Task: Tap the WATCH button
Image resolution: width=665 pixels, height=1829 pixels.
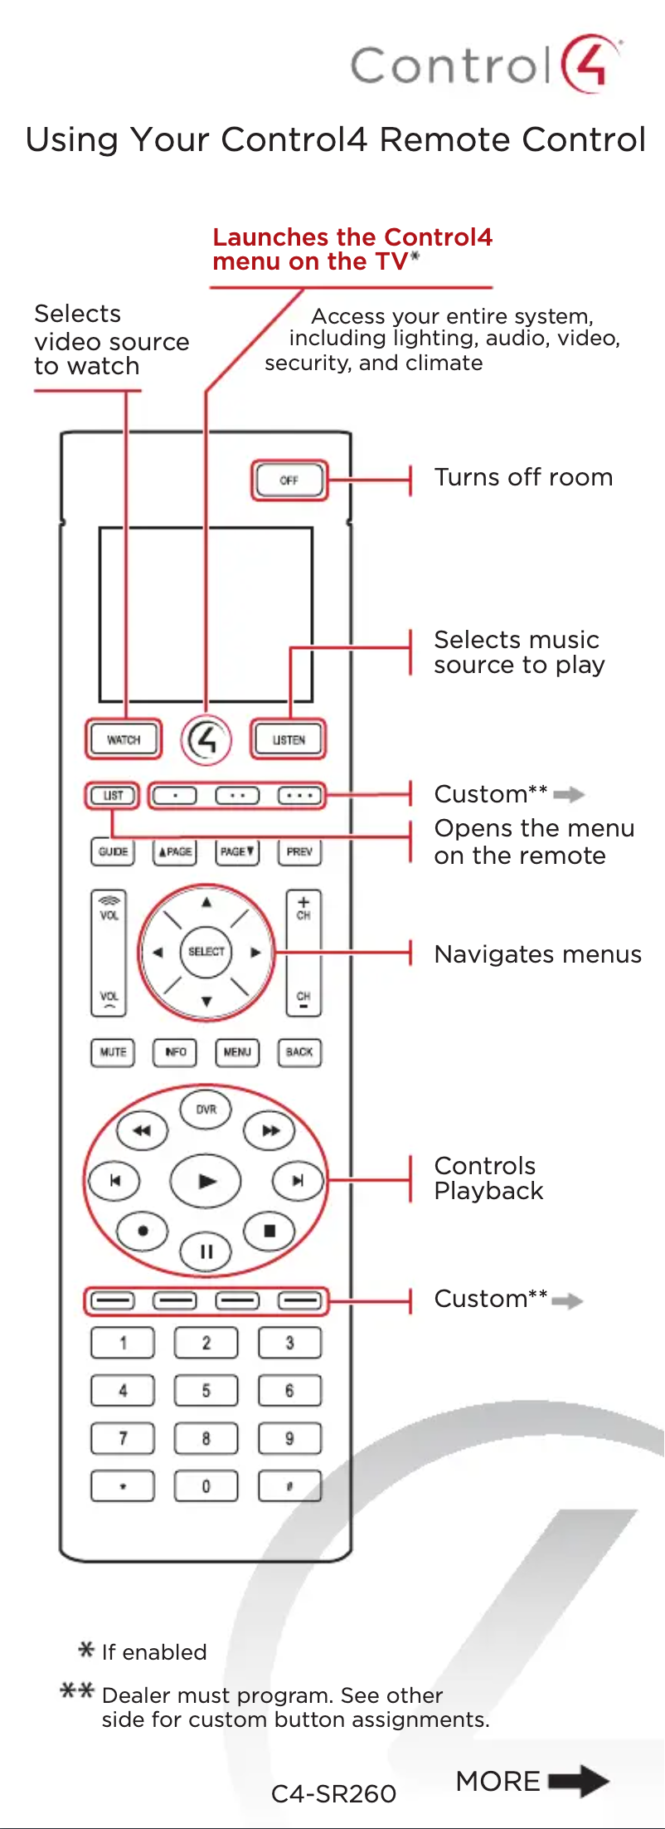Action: point(124,739)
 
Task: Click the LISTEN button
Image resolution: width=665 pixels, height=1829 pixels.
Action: point(289,739)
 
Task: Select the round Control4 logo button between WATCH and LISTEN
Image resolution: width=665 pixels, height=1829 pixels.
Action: point(206,739)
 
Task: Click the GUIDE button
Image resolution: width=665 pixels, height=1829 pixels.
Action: point(113,851)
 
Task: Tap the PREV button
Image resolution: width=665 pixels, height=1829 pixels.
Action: point(299,851)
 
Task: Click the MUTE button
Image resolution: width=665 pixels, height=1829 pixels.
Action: point(113,1052)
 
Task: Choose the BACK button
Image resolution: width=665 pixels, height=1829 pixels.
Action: point(299,1052)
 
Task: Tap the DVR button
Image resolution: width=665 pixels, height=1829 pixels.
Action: point(206,1110)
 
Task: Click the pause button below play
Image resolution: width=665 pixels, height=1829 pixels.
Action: point(206,1251)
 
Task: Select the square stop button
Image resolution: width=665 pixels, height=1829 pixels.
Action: point(269,1232)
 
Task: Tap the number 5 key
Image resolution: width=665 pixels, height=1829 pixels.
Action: point(206,1390)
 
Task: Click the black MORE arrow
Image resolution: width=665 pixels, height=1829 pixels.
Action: point(579,1781)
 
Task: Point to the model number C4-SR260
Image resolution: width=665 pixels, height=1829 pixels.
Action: point(333,1794)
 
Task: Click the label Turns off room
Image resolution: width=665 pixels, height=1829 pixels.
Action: point(523,477)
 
